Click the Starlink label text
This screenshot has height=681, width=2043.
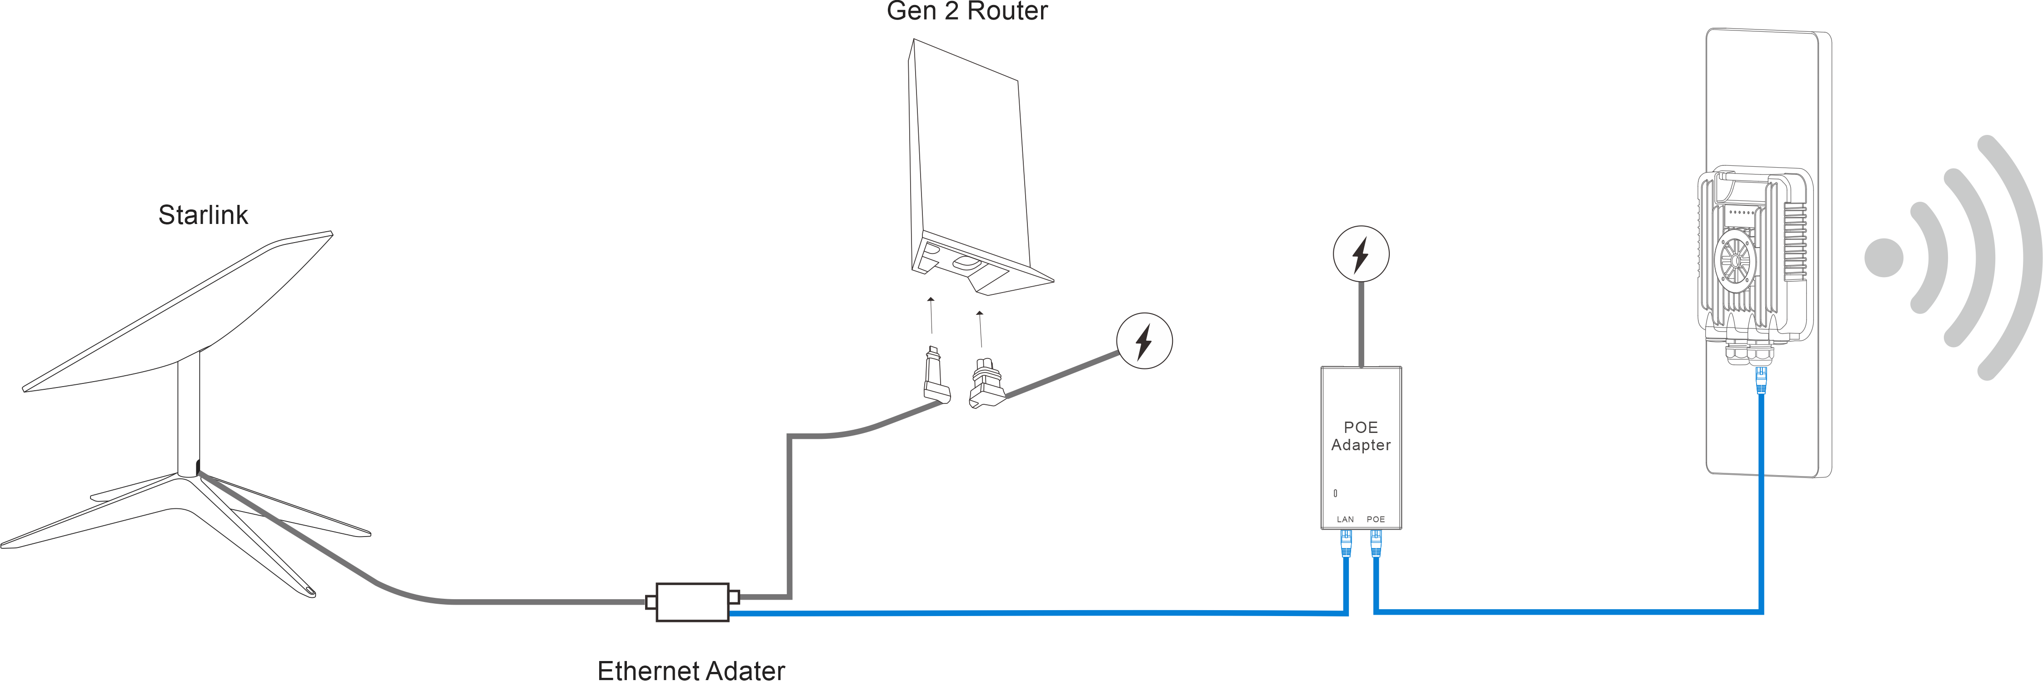click(203, 215)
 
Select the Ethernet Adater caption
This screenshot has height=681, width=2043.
click(691, 670)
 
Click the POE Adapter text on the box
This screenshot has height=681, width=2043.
click(1360, 436)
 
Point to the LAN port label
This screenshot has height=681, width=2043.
click(1345, 519)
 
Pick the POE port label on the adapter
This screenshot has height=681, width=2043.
click(1376, 519)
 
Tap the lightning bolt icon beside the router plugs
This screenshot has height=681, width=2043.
click(1144, 341)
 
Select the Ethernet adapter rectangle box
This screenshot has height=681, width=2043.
click(691, 602)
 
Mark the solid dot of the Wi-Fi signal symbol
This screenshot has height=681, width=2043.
click(1883, 258)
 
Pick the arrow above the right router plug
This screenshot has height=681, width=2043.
click(980, 328)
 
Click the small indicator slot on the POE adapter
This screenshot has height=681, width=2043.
click(1336, 493)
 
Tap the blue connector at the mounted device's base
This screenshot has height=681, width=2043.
click(1761, 379)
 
